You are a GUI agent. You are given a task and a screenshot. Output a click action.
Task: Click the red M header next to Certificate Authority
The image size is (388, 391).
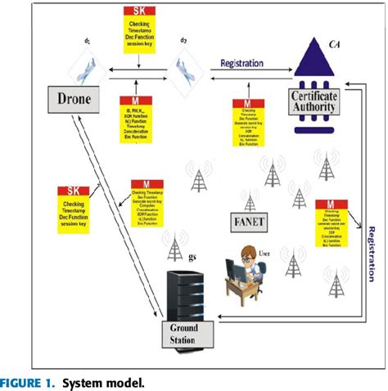click(242, 105)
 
